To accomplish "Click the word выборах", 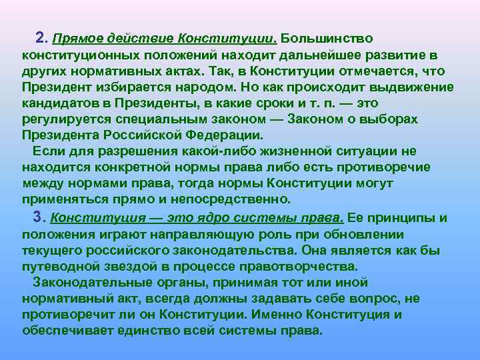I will [x=392, y=119].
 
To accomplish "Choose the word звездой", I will [x=116, y=267].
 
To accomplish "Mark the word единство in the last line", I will [x=157, y=331].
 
